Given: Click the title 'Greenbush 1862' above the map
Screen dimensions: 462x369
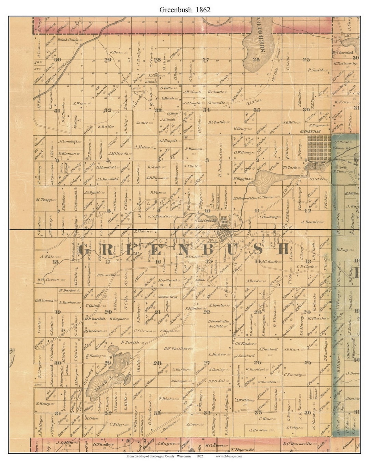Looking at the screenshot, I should point(185,9).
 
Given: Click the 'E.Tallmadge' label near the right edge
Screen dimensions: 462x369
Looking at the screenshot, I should point(346,63).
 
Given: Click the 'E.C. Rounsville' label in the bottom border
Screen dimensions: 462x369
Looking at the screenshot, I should point(297,444).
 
